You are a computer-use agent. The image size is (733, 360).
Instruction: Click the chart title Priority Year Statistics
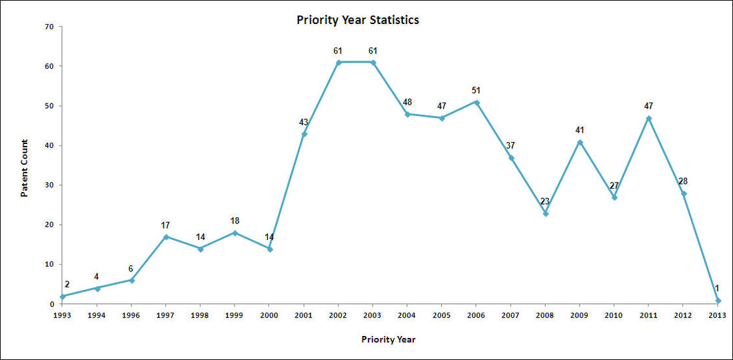[x=358, y=20]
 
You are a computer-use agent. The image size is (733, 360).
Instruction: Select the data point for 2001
[x=304, y=134]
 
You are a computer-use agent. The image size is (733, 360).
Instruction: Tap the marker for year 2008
[x=545, y=213]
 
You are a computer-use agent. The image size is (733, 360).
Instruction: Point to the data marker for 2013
[x=718, y=300]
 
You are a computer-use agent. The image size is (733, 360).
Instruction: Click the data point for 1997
[x=166, y=237]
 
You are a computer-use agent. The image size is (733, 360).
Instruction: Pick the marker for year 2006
[x=476, y=102]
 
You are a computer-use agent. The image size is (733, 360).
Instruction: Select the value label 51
[x=476, y=90]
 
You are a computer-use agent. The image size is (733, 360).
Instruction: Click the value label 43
[x=304, y=122]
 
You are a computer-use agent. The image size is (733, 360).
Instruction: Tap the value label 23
[x=545, y=201]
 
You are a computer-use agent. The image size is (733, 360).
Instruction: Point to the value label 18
[x=235, y=221]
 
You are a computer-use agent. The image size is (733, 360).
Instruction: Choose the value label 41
[x=580, y=130]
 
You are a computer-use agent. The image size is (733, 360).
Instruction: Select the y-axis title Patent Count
[x=24, y=168]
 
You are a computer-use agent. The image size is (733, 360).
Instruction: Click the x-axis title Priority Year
[x=388, y=339]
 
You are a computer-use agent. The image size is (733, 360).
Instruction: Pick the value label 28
[x=684, y=181]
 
